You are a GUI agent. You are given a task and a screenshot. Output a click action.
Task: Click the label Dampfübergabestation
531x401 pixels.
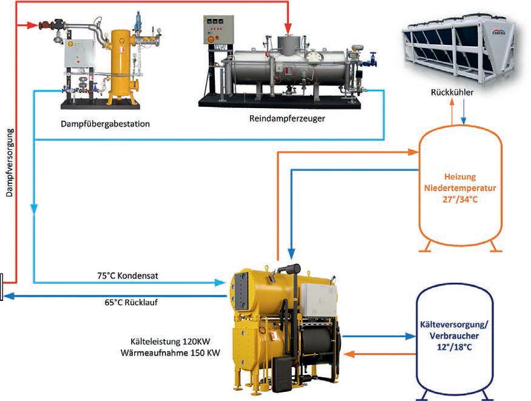106,124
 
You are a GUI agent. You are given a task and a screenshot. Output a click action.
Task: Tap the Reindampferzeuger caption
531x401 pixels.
287,118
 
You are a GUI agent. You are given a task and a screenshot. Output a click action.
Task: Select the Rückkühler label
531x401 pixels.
452,92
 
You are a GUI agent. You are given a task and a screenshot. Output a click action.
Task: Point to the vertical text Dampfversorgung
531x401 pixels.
10,163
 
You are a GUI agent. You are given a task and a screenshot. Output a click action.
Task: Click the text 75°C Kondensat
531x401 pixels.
127,275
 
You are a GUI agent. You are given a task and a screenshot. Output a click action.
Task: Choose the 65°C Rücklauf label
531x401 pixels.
131,302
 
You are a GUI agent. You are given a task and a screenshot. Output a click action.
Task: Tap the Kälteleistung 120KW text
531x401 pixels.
171,341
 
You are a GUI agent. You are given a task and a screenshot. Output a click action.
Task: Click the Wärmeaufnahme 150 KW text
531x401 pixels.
171,352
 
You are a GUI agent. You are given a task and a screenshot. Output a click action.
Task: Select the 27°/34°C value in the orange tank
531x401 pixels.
460,200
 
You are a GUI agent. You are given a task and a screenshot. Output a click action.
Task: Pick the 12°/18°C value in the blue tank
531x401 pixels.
454,347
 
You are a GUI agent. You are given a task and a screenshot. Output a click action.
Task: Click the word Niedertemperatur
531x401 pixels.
460,188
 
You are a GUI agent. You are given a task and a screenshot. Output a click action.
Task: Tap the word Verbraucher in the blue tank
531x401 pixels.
454,335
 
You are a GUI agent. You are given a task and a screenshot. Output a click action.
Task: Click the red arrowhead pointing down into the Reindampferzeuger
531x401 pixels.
288,28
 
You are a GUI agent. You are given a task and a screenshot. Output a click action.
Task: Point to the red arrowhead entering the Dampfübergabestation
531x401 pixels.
33,25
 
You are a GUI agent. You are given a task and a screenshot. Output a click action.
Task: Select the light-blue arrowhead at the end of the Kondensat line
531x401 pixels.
220,283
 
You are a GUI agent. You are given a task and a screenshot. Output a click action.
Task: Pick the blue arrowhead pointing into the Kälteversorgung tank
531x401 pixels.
410,336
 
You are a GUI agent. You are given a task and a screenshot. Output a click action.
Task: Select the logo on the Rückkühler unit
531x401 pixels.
498,32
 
